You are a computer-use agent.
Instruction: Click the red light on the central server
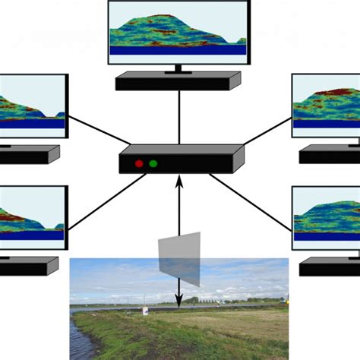[x=139, y=163]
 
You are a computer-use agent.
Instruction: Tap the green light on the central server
[x=153, y=163]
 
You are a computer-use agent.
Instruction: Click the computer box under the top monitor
[x=178, y=81]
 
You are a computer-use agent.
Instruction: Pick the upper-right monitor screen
[x=327, y=106]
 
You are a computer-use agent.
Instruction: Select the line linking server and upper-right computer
[x=266, y=131]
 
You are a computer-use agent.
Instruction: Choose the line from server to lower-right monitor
[x=251, y=201]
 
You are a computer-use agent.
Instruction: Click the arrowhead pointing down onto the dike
[x=179, y=303]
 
